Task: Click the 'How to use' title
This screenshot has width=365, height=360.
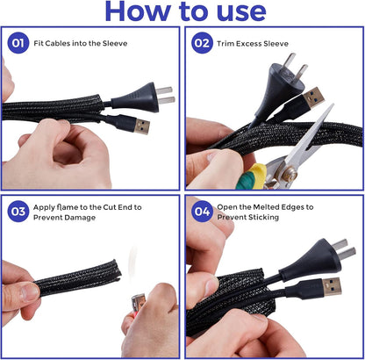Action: point(183,11)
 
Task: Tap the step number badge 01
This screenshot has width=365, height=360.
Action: point(17,43)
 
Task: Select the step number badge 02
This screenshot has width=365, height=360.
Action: point(200,43)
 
